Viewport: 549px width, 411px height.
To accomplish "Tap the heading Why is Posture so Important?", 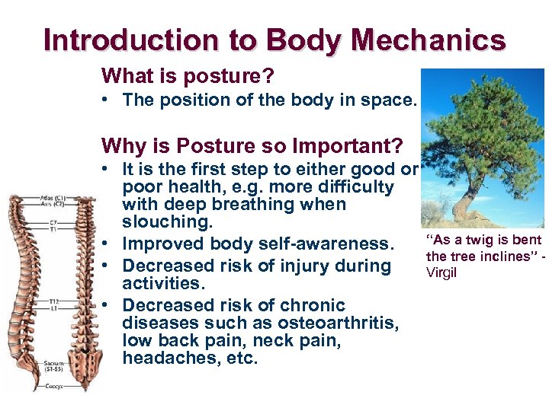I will coord(252,145).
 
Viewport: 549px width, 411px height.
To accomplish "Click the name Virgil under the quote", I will coord(441,272).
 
